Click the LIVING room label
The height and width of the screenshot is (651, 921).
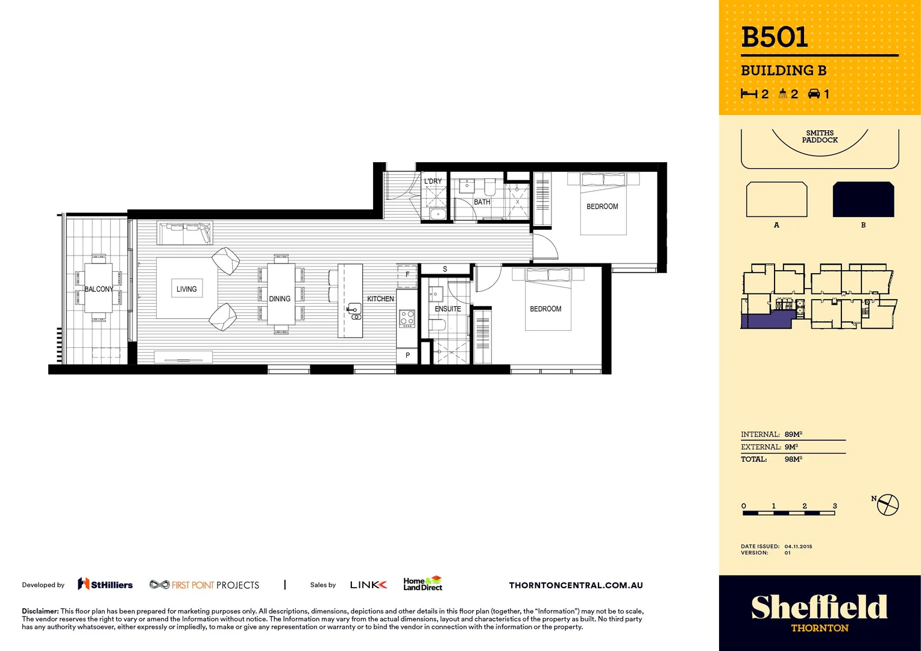point(186,289)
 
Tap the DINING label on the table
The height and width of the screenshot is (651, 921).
point(280,299)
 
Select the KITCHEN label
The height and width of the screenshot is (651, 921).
point(380,299)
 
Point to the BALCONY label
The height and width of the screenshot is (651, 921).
point(98,289)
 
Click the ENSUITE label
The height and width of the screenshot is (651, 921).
point(448,309)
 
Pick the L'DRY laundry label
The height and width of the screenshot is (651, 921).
point(433,181)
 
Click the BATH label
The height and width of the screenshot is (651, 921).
point(482,202)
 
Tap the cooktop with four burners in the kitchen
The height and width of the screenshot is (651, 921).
point(407,318)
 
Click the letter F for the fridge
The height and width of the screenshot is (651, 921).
point(407,274)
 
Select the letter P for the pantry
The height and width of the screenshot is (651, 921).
point(407,356)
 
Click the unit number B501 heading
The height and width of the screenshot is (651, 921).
point(774,37)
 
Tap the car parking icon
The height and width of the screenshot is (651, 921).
point(814,93)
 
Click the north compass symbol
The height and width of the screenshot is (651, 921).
point(887,505)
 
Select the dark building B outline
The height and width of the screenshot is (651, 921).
point(863,200)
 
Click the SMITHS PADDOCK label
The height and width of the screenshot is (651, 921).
point(820,136)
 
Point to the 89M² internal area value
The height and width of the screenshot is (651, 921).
point(793,434)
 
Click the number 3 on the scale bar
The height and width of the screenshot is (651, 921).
point(835,506)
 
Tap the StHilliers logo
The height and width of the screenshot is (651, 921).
point(105,584)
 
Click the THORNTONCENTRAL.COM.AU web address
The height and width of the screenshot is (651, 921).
point(576,585)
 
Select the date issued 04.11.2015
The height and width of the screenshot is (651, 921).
point(798,546)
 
